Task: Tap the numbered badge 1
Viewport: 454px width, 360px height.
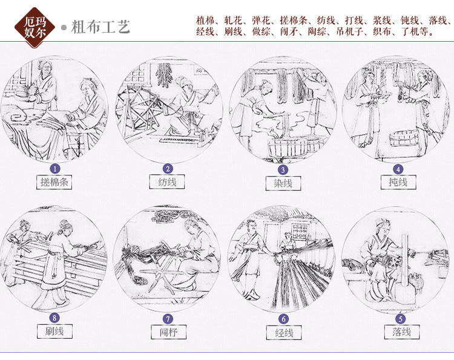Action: [55, 169]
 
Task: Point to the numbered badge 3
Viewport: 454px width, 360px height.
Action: [282, 169]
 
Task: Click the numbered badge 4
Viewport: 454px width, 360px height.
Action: [397, 169]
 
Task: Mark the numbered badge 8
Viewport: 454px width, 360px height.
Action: [55, 318]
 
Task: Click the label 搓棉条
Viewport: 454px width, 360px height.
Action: [54, 182]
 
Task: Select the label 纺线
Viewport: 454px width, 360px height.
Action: [168, 182]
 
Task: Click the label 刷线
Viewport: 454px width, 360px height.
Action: [54, 331]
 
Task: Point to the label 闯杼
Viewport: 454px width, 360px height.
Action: [168, 332]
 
